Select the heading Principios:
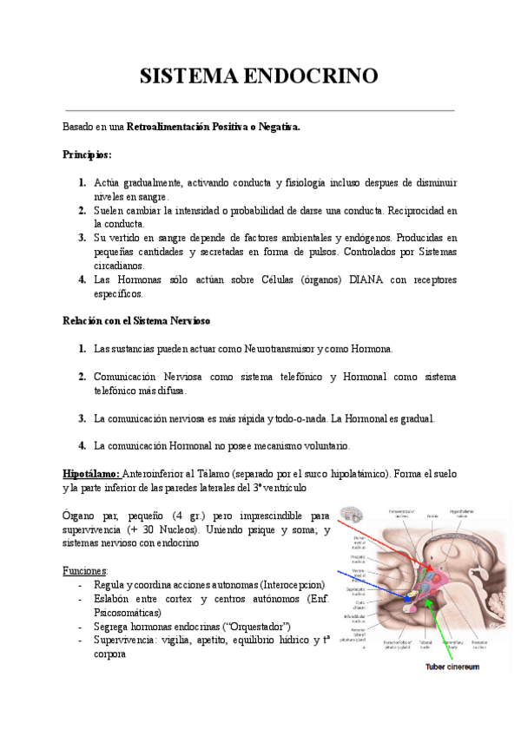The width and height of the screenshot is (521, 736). coord(87,154)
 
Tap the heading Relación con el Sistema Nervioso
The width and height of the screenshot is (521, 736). coord(136,320)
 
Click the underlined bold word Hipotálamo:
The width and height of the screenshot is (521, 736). coord(91,474)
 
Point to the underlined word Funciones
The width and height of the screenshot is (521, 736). coord(85,571)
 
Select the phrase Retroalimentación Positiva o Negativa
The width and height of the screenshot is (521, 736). coord(214,127)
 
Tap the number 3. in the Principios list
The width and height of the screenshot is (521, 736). coord(80,238)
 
